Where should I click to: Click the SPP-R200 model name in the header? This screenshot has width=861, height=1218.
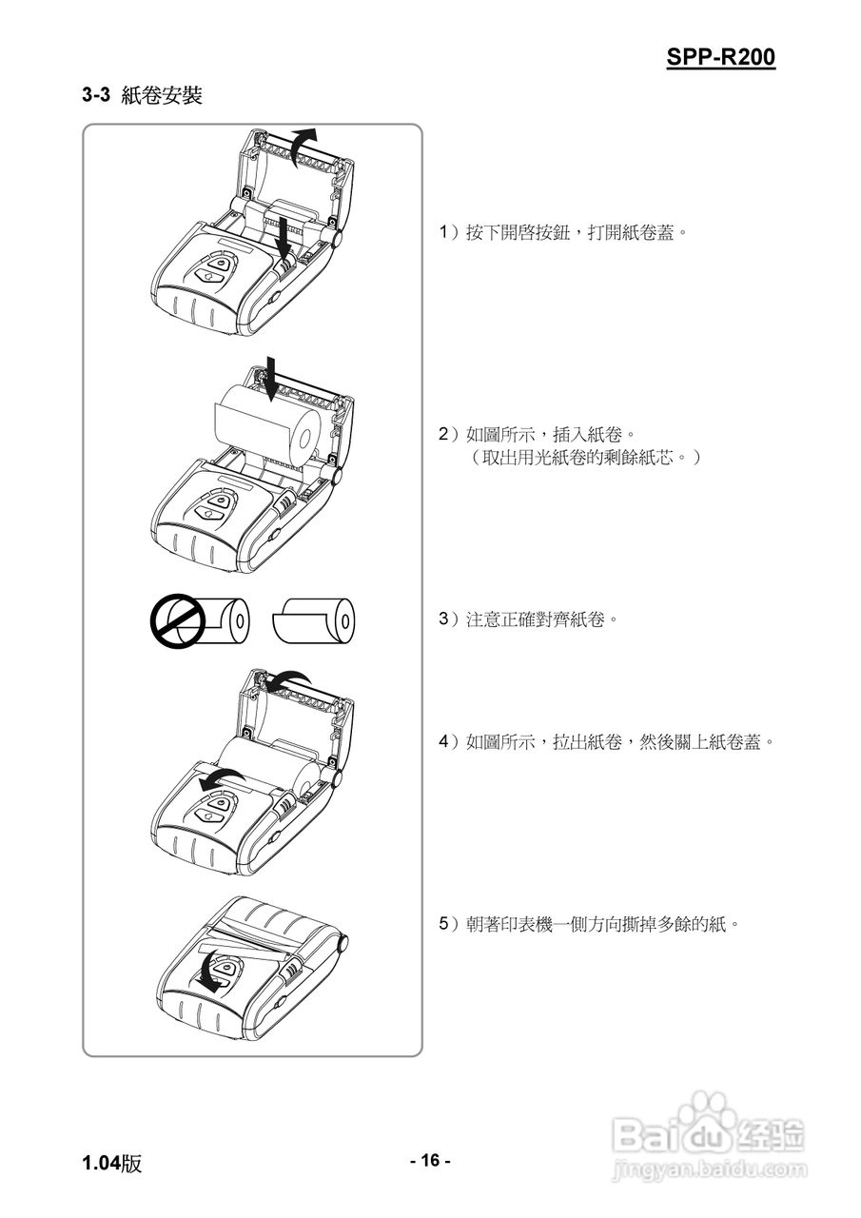click(720, 57)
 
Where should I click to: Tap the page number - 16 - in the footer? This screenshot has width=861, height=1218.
click(430, 1160)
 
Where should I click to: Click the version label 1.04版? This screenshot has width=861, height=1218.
click(111, 1163)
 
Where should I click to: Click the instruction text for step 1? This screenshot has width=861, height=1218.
click(562, 233)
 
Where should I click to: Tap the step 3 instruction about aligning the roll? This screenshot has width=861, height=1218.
click(528, 619)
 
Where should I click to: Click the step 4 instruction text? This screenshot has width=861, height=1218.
click(605, 741)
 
